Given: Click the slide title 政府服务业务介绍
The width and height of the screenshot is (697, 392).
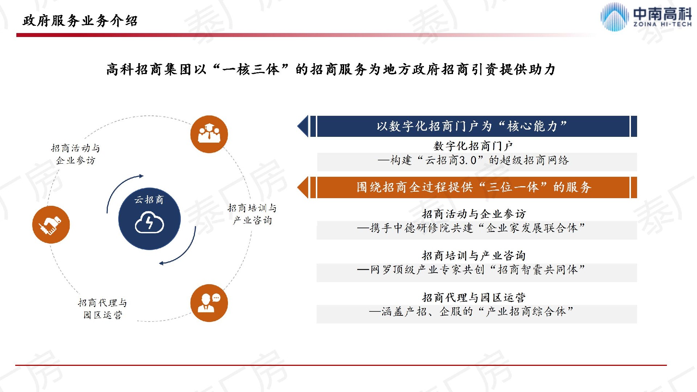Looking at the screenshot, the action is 80,21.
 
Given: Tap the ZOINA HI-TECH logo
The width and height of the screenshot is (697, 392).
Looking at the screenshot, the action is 646,17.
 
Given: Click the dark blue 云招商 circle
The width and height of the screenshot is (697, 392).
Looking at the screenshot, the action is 149,219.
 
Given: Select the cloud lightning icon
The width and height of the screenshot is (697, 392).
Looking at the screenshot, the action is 149,222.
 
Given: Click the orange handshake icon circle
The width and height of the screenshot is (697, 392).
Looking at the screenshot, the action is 51,225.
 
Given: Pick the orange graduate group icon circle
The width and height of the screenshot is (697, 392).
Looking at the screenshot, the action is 209,134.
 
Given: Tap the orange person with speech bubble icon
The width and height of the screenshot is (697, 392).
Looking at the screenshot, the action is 209,303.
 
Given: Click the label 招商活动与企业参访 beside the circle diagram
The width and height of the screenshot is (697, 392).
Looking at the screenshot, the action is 76,154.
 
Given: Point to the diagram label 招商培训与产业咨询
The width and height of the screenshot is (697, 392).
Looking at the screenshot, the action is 252,214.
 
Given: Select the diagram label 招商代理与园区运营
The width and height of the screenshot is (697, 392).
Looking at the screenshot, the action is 103,309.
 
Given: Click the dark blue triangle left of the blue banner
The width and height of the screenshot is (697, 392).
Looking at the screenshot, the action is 303,126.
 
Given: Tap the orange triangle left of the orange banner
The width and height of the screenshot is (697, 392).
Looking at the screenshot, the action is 303,187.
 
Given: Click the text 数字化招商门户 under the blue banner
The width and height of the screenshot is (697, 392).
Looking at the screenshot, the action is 473,146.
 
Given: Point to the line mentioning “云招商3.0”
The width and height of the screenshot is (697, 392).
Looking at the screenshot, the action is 473,160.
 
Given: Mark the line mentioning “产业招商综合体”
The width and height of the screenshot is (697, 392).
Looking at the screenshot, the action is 471,311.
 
